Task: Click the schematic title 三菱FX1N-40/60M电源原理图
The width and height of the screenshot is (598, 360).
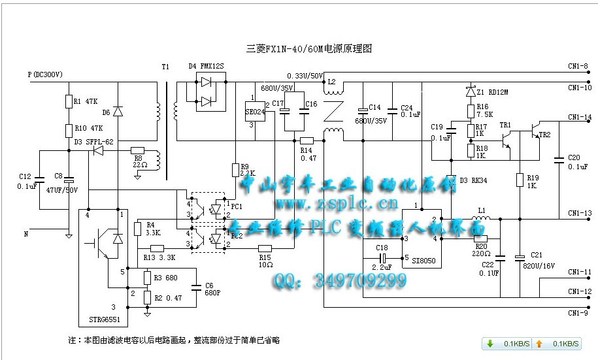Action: pos(309,49)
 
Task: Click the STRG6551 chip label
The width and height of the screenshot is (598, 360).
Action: pos(99,321)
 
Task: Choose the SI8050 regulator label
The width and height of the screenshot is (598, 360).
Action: pos(424,260)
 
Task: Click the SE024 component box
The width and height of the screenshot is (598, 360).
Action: pos(254,111)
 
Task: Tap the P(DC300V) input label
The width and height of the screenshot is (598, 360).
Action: pos(45,74)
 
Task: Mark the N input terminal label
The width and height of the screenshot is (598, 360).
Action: pos(27,233)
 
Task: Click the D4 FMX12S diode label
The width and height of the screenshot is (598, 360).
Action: pos(206,67)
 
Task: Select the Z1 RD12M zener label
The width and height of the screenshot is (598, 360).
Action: pos(491,92)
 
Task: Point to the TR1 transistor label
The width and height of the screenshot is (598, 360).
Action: pos(505,124)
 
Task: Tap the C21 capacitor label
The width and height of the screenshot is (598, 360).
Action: pos(537,254)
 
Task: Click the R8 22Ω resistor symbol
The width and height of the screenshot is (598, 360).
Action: pos(138,150)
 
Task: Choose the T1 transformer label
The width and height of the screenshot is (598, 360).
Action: pos(165,67)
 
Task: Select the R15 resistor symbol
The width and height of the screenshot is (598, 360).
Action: pos(265,248)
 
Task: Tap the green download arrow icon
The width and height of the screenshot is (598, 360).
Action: pos(490,344)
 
